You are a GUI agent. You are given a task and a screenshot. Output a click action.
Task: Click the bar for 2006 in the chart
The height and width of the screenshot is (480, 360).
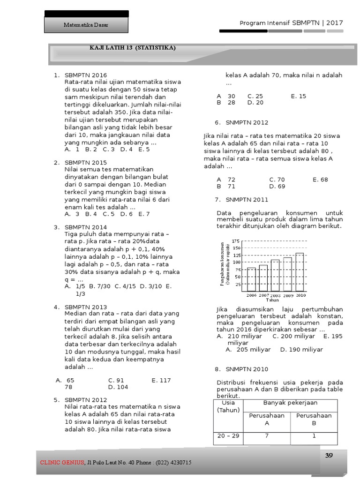pyautogui.click(x=252, y=279)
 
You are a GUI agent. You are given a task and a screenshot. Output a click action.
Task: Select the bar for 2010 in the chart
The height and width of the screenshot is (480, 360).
pyautogui.click(x=300, y=272)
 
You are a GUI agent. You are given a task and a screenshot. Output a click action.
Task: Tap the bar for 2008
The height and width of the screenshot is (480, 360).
pyautogui.click(x=275, y=276)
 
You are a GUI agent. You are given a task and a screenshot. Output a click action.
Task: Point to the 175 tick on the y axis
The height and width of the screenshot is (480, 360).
pyautogui.click(x=236, y=241)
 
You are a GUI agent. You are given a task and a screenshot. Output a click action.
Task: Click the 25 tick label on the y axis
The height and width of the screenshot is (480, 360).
pyautogui.click(x=237, y=284)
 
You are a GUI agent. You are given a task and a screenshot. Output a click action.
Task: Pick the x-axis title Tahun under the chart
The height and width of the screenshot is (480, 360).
pyautogui.click(x=272, y=300)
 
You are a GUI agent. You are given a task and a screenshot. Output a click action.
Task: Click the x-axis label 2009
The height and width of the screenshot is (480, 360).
pyautogui.click(x=287, y=295)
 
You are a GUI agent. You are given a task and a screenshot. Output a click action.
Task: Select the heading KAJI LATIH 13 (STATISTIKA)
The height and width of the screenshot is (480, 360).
pyautogui.click(x=133, y=48)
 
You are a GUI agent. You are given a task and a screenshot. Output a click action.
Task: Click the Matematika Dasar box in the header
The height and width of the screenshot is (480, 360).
pyautogui.click(x=86, y=25)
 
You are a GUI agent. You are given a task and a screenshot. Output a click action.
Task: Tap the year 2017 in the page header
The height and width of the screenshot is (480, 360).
pyautogui.click(x=335, y=22)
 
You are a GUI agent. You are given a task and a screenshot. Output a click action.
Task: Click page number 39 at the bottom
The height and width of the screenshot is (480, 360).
pyautogui.click(x=329, y=455)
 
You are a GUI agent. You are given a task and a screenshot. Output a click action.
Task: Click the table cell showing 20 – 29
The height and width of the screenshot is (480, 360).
pyautogui.click(x=228, y=435)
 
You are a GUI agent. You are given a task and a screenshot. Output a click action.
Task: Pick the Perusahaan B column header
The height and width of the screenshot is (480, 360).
pyautogui.click(x=314, y=419)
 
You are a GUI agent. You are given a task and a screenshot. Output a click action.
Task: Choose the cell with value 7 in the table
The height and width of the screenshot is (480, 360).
pyautogui.click(x=267, y=435)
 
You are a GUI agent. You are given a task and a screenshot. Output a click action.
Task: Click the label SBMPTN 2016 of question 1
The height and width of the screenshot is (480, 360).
pyautogui.click(x=86, y=75)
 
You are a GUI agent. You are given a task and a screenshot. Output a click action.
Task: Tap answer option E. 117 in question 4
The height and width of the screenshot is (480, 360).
pyautogui.click(x=161, y=380)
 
